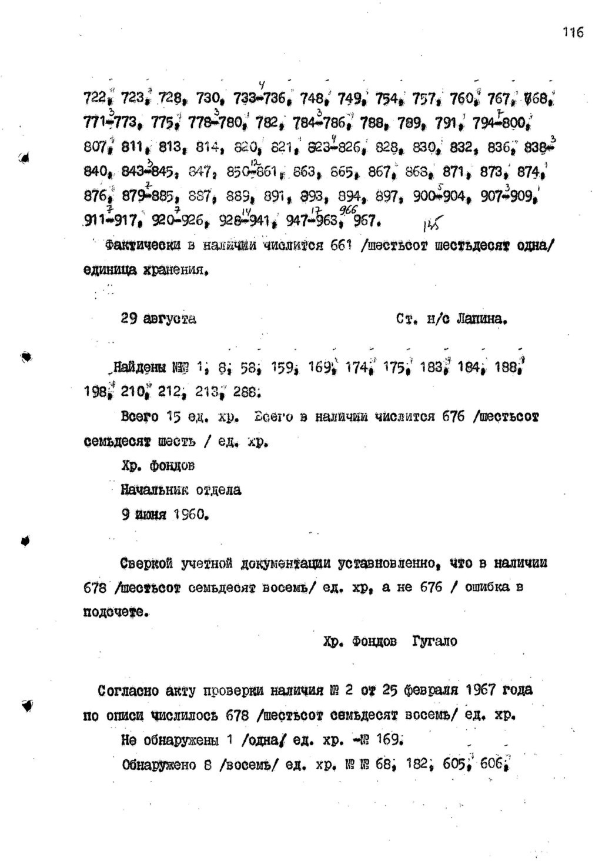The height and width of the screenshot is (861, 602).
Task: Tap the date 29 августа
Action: (158, 319)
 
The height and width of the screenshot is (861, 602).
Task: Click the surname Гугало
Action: (435, 641)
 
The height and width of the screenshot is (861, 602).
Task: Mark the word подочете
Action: (114, 612)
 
